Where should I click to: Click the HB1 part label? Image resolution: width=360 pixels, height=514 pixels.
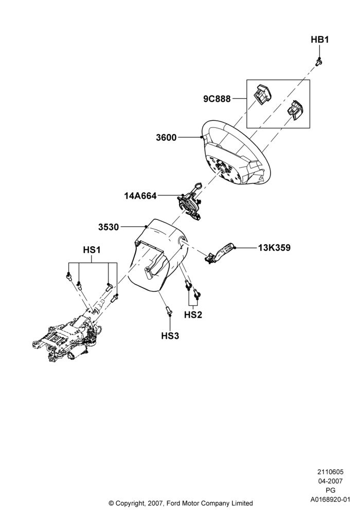[320, 40]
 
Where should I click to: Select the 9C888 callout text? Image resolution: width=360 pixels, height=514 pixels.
[217, 99]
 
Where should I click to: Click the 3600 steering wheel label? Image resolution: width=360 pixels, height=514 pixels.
[166, 138]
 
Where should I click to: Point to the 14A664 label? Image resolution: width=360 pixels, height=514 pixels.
[140, 196]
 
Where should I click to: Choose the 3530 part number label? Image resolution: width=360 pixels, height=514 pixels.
[109, 227]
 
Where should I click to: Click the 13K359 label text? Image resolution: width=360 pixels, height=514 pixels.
[274, 248]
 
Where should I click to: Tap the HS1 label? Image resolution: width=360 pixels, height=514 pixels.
[92, 250]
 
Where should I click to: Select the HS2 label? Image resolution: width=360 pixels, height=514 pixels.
[193, 315]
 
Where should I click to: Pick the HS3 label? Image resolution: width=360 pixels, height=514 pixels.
[170, 336]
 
